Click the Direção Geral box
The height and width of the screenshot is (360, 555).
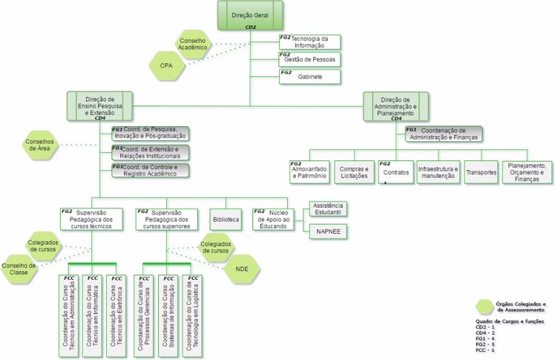point(250,15)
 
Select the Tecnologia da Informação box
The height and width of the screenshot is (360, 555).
point(309,42)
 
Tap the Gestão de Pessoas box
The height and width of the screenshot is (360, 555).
point(309,59)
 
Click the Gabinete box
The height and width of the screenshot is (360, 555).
point(309,76)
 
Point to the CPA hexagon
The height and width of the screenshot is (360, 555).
point(167,66)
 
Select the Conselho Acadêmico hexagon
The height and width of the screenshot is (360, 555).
point(192,42)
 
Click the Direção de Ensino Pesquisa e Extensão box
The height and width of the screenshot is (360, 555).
point(99,106)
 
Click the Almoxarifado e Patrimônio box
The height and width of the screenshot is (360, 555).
point(308,171)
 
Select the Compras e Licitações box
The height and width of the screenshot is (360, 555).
point(352,171)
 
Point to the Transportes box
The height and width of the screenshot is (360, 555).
point(480,171)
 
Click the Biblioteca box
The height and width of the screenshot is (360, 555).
point(227,220)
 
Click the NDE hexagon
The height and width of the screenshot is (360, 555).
point(241,269)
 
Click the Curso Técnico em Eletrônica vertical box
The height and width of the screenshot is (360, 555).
point(116,315)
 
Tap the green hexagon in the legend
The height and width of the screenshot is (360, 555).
point(485,305)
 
